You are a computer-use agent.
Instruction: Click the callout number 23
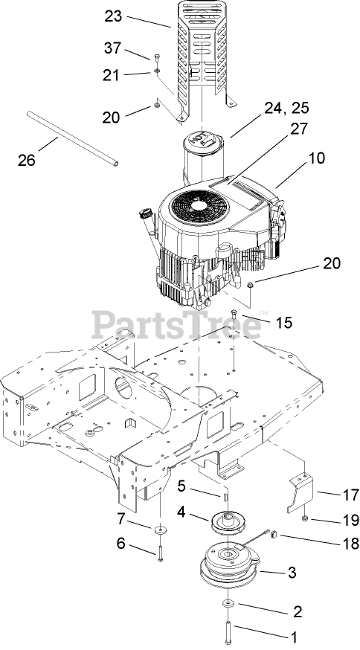(113, 16)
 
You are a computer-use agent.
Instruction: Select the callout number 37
(112, 48)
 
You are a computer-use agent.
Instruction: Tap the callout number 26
(27, 160)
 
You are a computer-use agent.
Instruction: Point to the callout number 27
(299, 129)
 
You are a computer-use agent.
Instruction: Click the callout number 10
(316, 158)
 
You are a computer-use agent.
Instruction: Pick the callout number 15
(283, 322)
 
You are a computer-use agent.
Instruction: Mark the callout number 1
(294, 637)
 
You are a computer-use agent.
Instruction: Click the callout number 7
(120, 518)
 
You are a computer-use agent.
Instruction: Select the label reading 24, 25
(287, 108)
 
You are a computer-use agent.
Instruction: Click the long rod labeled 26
(73, 138)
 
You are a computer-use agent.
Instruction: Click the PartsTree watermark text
(176, 325)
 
